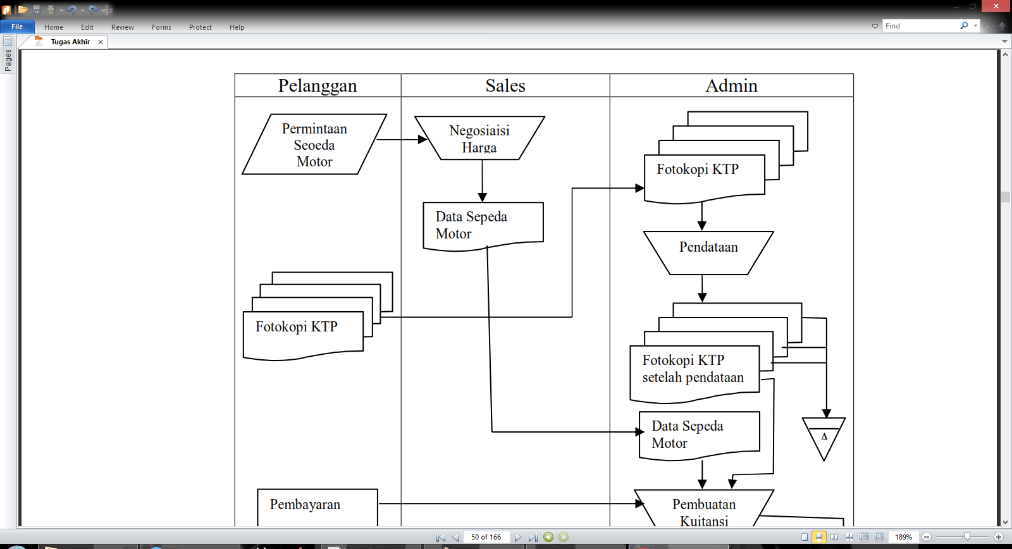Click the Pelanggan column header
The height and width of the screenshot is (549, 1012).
318,85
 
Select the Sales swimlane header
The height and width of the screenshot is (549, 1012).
505,85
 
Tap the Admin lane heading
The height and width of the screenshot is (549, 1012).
731,85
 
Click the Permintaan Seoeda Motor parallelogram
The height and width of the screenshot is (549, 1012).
314,145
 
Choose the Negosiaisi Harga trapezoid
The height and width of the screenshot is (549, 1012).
479,139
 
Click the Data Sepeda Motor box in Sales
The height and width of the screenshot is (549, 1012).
483,225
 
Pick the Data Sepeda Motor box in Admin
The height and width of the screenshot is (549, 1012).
699,435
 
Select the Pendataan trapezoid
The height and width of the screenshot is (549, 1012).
708,252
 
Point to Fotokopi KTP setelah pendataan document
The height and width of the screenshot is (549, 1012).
694,372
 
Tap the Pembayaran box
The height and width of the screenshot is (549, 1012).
317,505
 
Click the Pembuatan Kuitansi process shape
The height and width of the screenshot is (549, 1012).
704,511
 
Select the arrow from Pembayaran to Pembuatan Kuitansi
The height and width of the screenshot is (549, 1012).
506,503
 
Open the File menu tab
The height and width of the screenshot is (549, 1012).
17,27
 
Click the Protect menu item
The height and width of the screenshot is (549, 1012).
200,27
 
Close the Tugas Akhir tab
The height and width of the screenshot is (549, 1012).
101,42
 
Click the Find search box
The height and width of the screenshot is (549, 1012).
920,26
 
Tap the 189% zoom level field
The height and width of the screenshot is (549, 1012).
903,537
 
